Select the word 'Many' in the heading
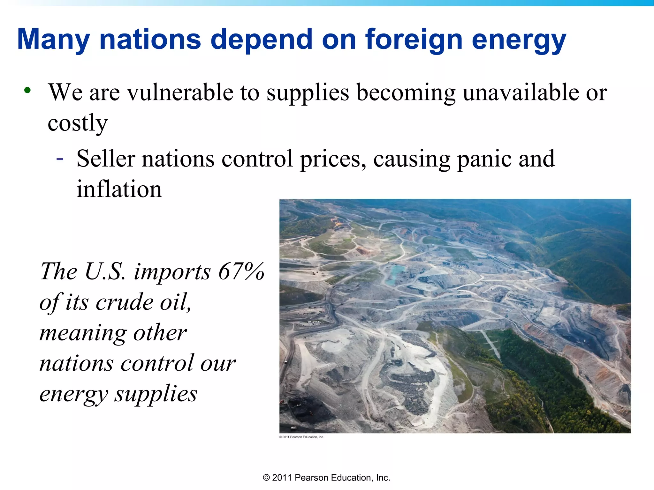pos(53,40)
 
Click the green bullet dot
pos(27,90)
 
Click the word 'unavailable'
pos(520,93)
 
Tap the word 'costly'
pos(78,123)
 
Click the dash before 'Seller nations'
pos(60,158)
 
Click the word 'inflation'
pos(119,189)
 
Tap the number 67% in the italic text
pos(241,271)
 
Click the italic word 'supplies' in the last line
pos(156,394)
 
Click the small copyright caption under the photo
pos(301,437)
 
